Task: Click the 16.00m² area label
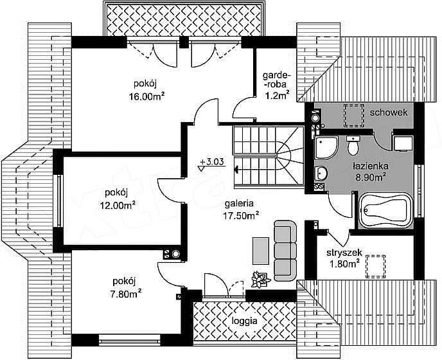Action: [x=146, y=96]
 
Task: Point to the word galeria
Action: [x=239, y=204]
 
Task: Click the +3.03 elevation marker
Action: [x=211, y=164]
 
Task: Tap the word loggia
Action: [x=244, y=321]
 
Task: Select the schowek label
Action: [x=389, y=113]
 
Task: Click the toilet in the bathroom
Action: [x=353, y=145]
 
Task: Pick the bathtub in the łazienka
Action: [x=385, y=210]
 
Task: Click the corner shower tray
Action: [x=326, y=148]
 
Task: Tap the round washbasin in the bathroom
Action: [x=321, y=172]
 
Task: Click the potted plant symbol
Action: [x=260, y=280]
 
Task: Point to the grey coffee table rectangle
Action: [x=261, y=251]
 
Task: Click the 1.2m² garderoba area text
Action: [x=277, y=95]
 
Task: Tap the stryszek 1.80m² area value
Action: [x=344, y=264]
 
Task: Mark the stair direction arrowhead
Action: [x=236, y=170]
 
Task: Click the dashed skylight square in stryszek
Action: [x=375, y=267]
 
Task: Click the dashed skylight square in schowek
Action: [x=353, y=115]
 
